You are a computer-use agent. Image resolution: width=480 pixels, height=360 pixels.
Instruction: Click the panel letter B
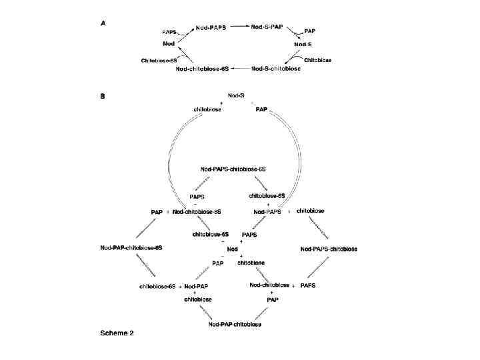(x=102, y=96)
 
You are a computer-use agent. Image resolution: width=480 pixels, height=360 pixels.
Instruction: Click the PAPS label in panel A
(x=171, y=32)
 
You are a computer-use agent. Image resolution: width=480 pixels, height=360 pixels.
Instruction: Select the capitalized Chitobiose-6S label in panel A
(x=158, y=60)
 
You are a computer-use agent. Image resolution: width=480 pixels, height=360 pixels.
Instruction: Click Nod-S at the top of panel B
(x=237, y=95)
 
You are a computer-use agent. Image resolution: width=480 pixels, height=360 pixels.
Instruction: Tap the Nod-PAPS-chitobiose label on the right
(x=329, y=249)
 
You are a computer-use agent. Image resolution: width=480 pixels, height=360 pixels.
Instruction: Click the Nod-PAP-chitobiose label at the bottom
(x=235, y=325)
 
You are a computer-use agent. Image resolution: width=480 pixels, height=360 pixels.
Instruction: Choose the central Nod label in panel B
(x=233, y=249)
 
